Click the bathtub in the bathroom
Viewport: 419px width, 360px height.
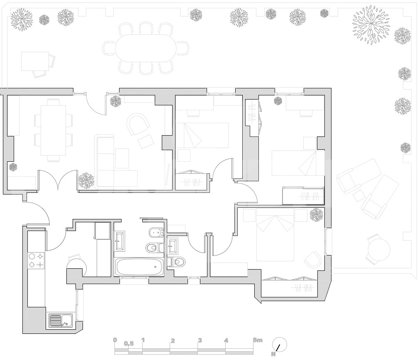click(139, 267)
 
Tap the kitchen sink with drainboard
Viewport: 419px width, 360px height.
click(61, 321)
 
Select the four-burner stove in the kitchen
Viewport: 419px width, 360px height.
click(36, 260)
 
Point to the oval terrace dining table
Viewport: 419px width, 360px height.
click(146, 49)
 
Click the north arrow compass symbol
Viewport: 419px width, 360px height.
click(280, 345)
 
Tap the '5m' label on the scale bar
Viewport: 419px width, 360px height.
click(258, 340)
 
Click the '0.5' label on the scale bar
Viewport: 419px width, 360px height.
click(129, 343)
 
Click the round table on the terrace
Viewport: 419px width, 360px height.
click(379, 250)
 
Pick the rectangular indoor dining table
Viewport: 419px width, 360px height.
click(53, 130)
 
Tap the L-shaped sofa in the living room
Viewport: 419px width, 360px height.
click(117, 162)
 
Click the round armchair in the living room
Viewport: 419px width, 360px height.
click(139, 123)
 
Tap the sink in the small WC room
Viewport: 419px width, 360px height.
click(173, 245)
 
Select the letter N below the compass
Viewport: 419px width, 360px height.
click(273, 354)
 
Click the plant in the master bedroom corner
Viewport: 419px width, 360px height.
click(317, 215)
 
